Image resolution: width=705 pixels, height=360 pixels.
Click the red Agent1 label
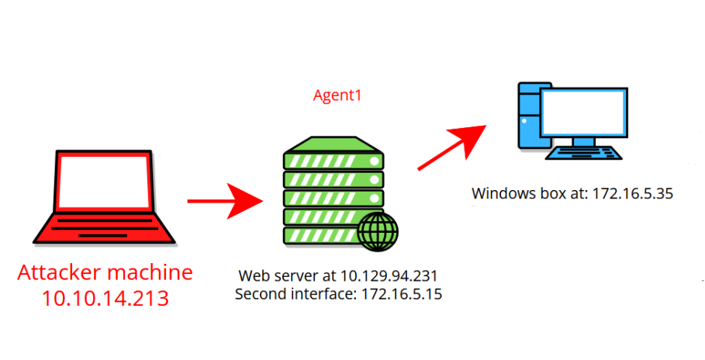[x=337, y=95]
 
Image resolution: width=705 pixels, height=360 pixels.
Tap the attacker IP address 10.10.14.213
[x=105, y=298]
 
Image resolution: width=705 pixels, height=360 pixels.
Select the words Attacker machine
[x=105, y=272]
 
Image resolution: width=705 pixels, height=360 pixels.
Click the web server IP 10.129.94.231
[x=389, y=275]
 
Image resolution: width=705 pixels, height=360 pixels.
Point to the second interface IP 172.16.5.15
[x=402, y=294]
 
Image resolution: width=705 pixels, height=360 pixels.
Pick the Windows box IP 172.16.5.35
[x=632, y=193]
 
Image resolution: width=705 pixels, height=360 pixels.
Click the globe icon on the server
[x=378, y=232]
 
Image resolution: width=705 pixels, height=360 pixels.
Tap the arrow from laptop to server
[x=225, y=201]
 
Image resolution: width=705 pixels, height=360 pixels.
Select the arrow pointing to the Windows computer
[x=452, y=147]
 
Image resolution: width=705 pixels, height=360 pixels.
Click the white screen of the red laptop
[x=104, y=181]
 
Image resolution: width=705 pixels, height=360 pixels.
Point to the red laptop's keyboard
[x=104, y=229]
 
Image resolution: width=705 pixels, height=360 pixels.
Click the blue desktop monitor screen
[x=583, y=112]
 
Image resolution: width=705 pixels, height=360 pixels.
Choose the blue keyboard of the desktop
[x=583, y=153]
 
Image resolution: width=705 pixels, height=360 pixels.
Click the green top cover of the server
[x=333, y=144]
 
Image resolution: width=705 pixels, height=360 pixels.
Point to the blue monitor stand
[x=583, y=141]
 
